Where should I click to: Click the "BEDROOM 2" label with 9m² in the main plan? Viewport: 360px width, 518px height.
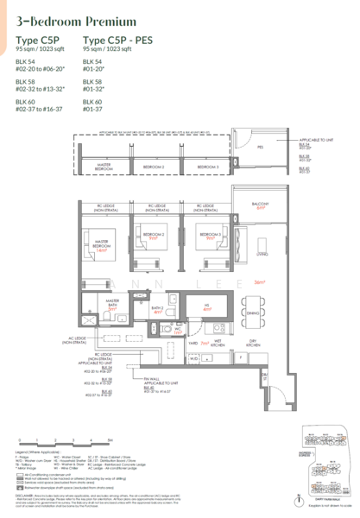[x=157, y=236]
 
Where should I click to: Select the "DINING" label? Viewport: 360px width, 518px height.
[x=252, y=313]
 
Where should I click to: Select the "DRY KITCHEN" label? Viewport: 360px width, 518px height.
[x=251, y=343]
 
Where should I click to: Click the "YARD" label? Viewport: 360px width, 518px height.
[x=181, y=342]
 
